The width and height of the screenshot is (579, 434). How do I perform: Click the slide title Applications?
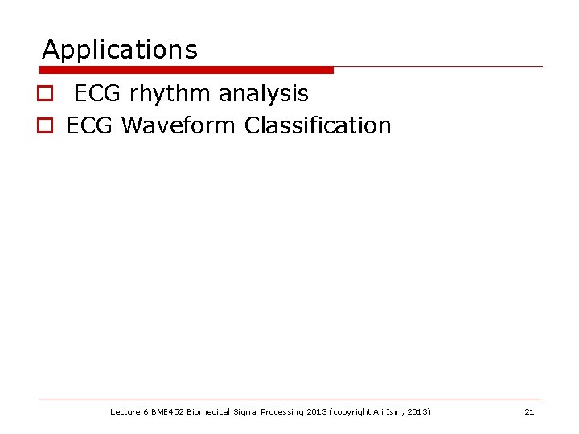119,51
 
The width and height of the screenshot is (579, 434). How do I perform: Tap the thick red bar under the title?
185,70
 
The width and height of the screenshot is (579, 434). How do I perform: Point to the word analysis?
263,93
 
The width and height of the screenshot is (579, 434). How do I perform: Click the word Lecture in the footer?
125,412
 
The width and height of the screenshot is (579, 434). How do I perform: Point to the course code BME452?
168,412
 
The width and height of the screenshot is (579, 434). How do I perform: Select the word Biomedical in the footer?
209,412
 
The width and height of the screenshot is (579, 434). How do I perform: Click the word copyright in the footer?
351,412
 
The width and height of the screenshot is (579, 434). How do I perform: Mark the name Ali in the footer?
380,412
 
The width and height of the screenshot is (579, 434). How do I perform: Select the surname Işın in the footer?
398,412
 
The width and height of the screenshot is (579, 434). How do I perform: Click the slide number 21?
529,412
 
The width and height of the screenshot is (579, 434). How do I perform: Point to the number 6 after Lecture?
146,412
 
